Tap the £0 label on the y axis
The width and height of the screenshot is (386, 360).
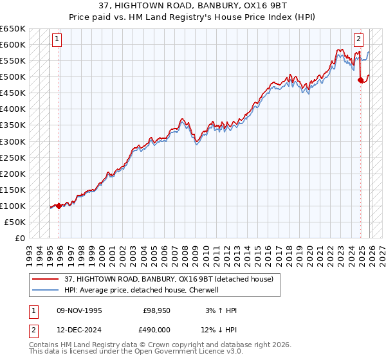click(20, 238)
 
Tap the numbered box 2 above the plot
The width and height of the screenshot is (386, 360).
click(358, 38)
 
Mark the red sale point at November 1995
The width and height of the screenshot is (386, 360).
click(59, 206)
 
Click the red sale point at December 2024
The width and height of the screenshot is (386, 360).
click(360, 80)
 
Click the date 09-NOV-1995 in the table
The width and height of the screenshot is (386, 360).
click(80, 310)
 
